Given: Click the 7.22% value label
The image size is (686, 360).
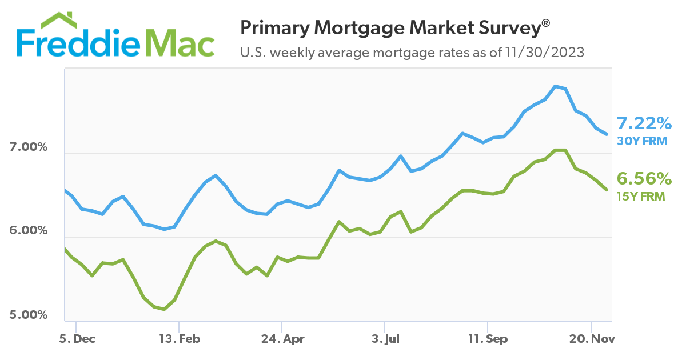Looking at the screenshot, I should (644, 123).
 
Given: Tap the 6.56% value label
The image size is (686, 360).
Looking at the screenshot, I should (644, 179).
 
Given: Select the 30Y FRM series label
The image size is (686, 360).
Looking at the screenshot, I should (642, 140).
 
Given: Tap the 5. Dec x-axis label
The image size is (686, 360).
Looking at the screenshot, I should (77, 339).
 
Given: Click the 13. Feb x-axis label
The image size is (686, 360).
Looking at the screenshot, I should (180, 339).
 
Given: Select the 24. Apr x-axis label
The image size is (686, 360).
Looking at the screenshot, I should (282, 339).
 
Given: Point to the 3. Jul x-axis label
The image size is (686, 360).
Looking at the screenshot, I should (385, 339).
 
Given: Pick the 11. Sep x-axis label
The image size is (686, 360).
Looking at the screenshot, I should (488, 339).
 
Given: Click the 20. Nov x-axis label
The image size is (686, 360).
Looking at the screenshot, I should (591, 339).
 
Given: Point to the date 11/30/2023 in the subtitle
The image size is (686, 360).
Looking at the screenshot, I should (545, 53).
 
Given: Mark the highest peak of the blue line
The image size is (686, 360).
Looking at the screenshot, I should (555, 86).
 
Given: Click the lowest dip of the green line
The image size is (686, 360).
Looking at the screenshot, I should (164, 309).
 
